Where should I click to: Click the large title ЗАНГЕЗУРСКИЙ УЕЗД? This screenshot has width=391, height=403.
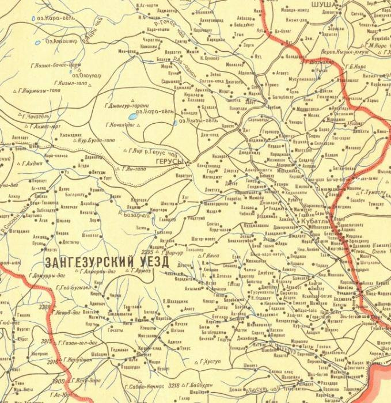tap(107, 260)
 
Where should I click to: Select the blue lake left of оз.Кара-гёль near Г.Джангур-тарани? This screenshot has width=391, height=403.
tap(132, 116)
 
